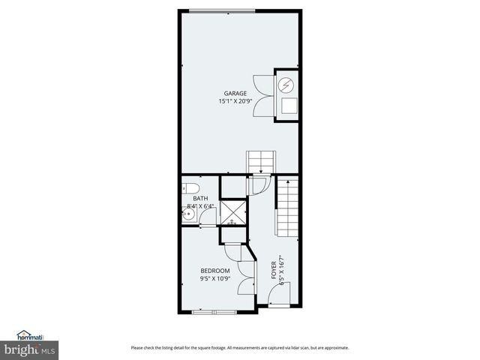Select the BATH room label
click(200, 199)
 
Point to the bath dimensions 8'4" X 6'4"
click(200, 206)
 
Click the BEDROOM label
click(214, 271)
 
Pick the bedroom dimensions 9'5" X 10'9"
click(214, 278)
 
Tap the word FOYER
click(273, 270)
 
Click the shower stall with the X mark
click(233, 212)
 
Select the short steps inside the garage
click(262, 162)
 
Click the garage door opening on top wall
click(221, 10)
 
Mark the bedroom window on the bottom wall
click(214, 311)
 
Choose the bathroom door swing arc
click(208, 217)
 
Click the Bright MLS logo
click(30, 350)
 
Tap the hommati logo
click(29, 335)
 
